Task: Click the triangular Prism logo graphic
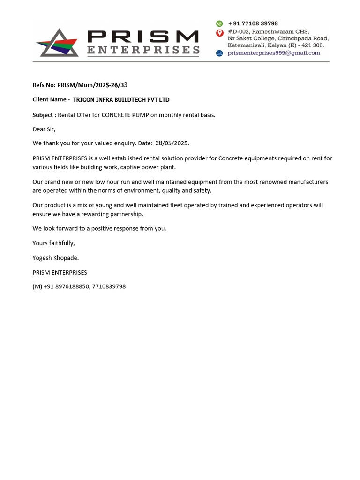(x=58, y=44)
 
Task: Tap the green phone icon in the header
(x=219, y=23)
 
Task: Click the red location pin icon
(x=219, y=32)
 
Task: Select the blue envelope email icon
(x=219, y=53)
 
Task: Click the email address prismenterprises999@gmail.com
(x=274, y=53)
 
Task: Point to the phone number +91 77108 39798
(x=253, y=23)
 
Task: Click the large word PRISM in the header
(x=143, y=36)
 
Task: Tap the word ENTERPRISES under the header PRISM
(x=143, y=50)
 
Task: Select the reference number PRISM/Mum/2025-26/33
(x=92, y=85)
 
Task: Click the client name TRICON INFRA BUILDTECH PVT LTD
(x=121, y=100)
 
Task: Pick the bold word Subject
(x=43, y=115)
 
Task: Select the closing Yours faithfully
(x=53, y=243)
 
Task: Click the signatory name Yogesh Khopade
(x=56, y=258)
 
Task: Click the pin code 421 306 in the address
(x=313, y=45)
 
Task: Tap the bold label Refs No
(x=44, y=85)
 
